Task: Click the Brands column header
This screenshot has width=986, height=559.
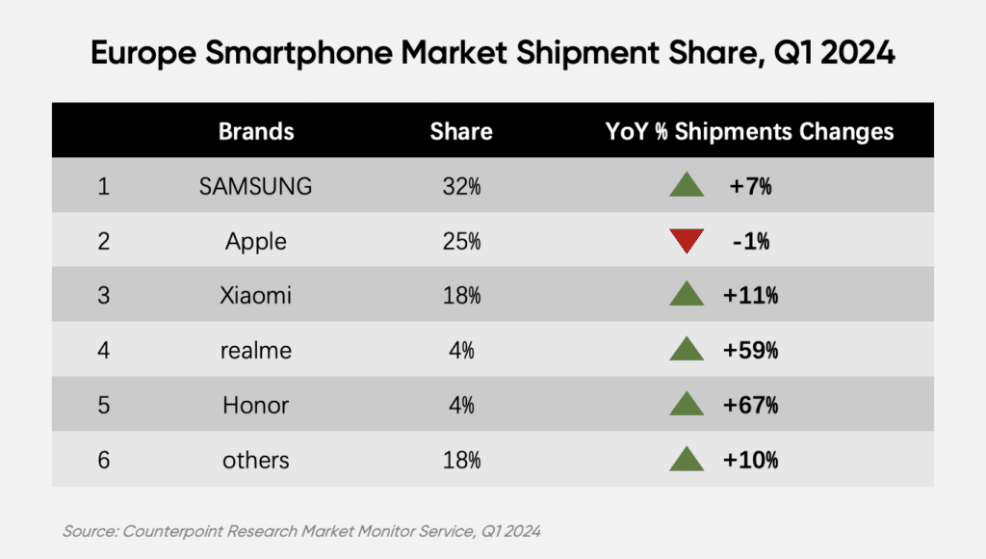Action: tap(256, 132)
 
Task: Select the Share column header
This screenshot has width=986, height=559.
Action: tap(461, 132)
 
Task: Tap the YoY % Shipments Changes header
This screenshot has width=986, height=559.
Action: tap(749, 132)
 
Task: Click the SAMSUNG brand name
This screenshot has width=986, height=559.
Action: tap(255, 186)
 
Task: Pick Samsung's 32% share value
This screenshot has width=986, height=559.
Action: tap(461, 186)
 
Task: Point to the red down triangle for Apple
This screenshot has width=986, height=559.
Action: tap(687, 241)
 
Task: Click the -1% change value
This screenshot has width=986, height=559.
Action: tap(751, 241)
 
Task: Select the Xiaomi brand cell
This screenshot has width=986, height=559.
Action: tap(255, 295)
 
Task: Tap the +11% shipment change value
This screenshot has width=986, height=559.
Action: tap(750, 295)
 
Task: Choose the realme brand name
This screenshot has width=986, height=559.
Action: tap(256, 351)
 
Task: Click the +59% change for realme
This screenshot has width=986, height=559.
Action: tap(750, 350)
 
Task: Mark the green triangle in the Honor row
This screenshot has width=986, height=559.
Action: tap(687, 404)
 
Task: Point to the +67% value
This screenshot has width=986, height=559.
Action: tap(750, 405)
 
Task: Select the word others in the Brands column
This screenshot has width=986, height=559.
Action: tap(256, 460)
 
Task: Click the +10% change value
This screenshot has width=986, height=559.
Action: tap(750, 460)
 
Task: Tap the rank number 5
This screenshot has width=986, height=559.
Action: tap(104, 406)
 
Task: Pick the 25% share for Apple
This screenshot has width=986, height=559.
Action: tap(461, 241)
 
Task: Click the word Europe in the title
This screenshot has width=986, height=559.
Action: tap(144, 53)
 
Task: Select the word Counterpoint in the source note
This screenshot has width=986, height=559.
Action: tap(172, 531)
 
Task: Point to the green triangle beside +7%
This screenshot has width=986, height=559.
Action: tap(687, 184)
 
